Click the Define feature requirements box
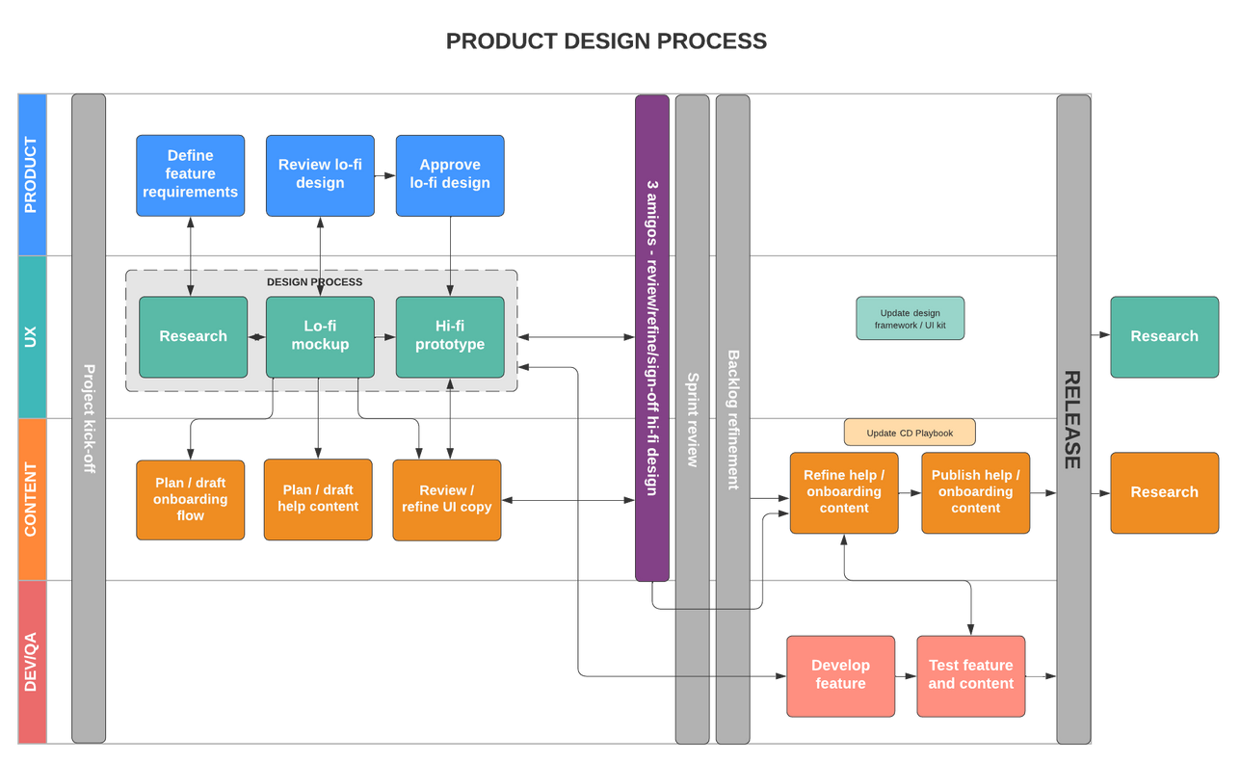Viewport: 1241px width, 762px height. (x=190, y=174)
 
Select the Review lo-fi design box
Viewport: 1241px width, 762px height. (x=320, y=174)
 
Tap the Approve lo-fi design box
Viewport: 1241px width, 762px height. (x=450, y=174)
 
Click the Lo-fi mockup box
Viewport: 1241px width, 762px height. (x=320, y=336)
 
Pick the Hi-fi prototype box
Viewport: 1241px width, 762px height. (x=450, y=336)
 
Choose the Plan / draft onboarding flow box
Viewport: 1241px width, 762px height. (x=190, y=499)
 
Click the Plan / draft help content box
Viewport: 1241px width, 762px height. (x=318, y=499)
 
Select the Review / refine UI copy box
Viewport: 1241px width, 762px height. (x=446, y=499)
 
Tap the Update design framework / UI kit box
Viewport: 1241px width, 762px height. (x=910, y=319)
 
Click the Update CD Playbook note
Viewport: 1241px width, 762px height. (x=910, y=433)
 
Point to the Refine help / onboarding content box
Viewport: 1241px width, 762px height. (x=844, y=492)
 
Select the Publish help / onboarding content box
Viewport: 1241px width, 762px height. (x=975, y=492)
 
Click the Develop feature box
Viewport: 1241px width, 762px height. (x=840, y=675)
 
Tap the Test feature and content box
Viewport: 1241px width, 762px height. (x=970, y=675)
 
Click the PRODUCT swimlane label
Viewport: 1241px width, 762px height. (x=32, y=174)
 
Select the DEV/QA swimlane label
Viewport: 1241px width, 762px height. (x=32, y=662)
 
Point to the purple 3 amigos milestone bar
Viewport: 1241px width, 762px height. (x=652, y=337)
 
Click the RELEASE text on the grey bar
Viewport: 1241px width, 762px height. (x=1072, y=420)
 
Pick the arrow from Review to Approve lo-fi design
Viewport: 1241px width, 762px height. (x=385, y=175)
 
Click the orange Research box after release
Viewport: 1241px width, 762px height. (x=1164, y=492)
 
